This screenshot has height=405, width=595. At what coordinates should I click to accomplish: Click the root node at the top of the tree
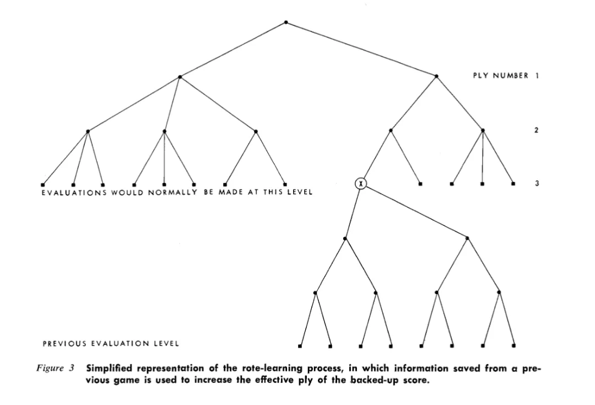tap(286, 23)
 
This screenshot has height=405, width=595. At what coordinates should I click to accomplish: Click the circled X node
tap(360, 183)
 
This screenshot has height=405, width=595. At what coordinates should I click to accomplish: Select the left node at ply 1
tap(180, 77)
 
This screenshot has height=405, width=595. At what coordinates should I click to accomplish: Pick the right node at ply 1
tap(436, 76)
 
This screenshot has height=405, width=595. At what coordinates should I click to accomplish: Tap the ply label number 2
tap(536, 130)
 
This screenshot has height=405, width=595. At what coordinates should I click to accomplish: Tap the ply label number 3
tap(537, 183)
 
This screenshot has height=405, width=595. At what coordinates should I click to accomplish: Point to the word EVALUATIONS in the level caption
tap(74, 192)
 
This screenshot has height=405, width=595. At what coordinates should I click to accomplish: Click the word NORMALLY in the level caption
tap(172, 192)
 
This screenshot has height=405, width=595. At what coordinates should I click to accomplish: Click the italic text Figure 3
tap(55, 368)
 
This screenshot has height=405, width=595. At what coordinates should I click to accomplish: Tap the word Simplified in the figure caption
tap(109, 368)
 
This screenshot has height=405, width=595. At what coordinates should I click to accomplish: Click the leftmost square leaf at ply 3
tap(42, 185)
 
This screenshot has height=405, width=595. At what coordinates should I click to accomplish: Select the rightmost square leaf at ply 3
tap(513, 183)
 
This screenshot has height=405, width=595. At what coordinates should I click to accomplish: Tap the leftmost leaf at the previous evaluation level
tap(300, 346)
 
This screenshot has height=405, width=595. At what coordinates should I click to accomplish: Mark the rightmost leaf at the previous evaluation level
tap(513, 346)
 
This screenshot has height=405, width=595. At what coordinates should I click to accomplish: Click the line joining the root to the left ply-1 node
tap(232, 50)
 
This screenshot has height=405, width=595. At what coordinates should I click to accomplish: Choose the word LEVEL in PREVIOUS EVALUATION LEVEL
tap(166, 344)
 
